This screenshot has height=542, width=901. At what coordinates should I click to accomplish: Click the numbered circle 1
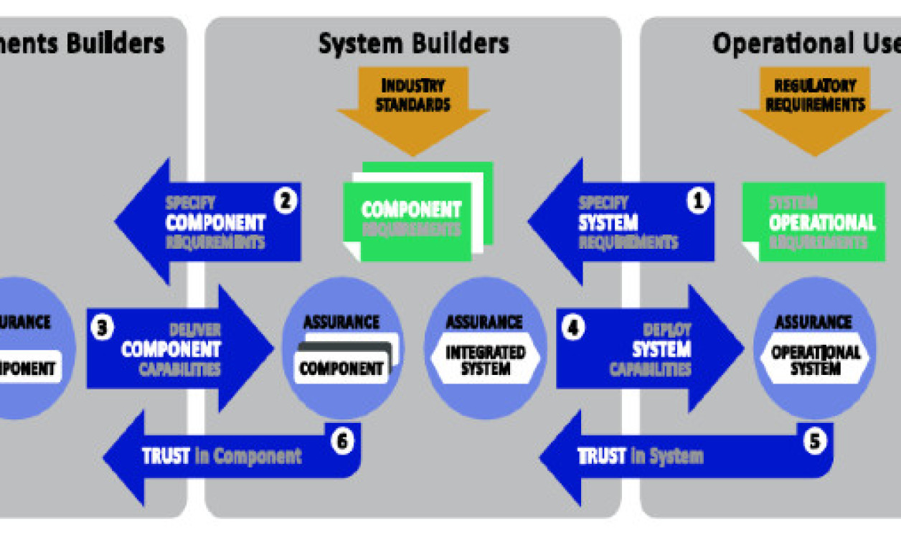coord(697,201)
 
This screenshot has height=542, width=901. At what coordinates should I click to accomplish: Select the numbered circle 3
coord(102,328)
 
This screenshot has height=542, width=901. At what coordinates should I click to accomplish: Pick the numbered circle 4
coord(572,328)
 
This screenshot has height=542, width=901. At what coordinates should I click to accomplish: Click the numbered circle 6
coord(341,440)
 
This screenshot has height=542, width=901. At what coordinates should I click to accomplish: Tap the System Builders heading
coord(413,44)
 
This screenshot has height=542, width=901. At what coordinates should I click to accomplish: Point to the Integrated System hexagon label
coord(485,361)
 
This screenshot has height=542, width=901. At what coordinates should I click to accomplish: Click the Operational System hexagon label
coord(815,361)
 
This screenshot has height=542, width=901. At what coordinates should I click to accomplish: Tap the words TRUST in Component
coord(222,456)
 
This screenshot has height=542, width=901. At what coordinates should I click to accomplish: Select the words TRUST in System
coord(640,456)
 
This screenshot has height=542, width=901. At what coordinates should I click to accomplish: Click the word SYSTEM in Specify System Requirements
coord(608,223)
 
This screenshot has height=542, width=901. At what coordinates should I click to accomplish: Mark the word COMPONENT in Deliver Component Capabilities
coord(171,349)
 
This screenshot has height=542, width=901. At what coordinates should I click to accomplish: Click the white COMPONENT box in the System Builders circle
coord(341,369)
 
